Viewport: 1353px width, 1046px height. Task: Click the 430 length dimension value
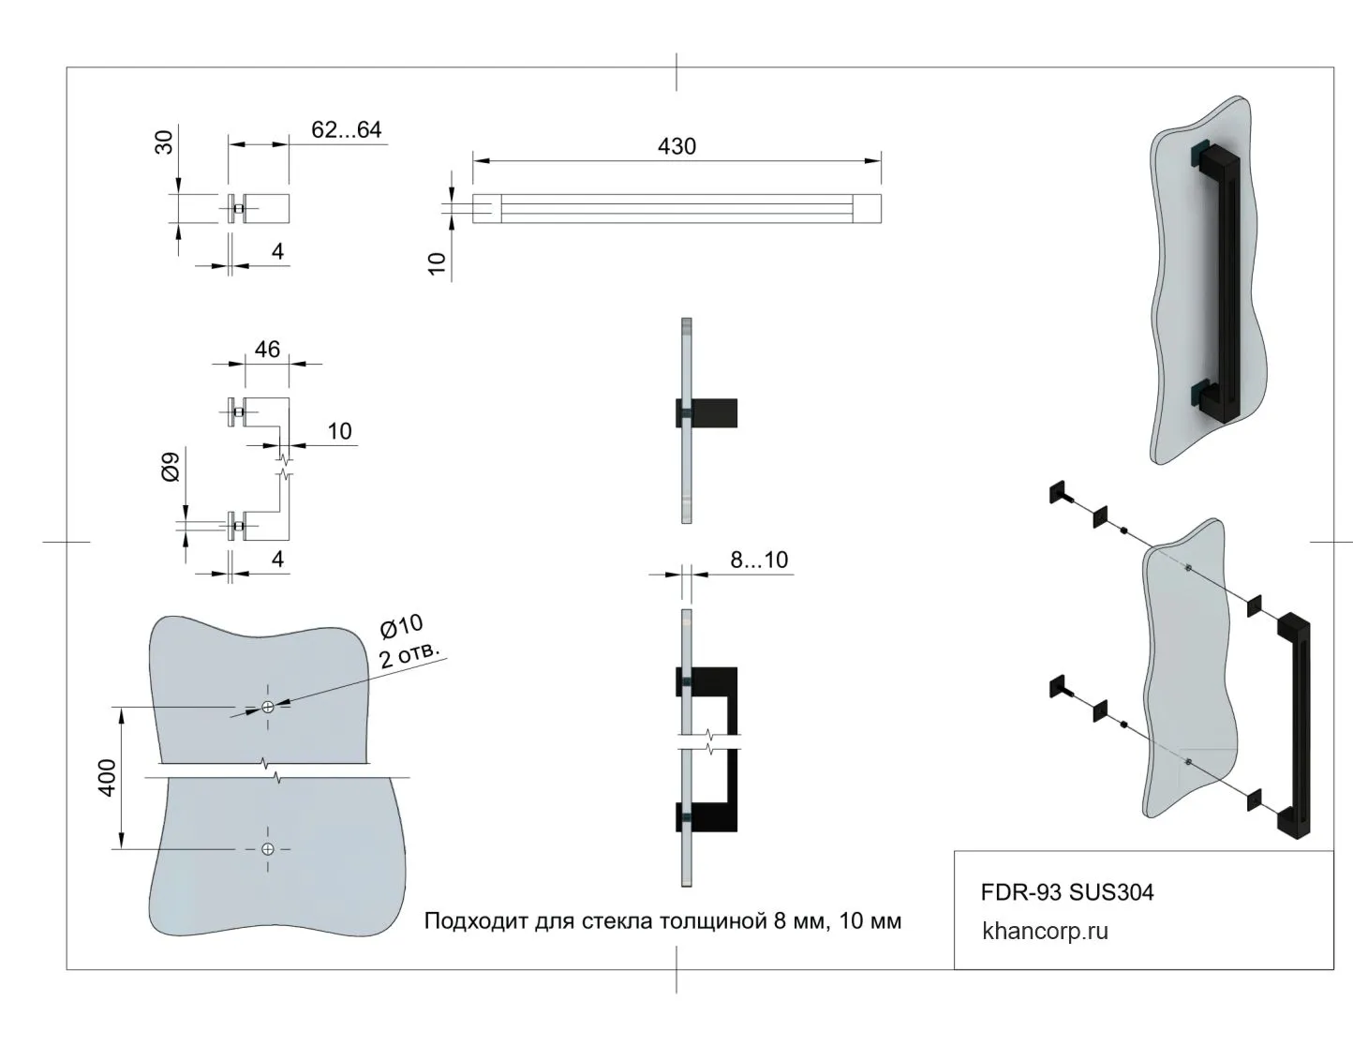click(x=676, y=146)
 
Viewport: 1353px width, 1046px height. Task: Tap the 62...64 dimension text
click(x=347, y=129)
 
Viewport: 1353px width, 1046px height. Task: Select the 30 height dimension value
click(x=164, y=142)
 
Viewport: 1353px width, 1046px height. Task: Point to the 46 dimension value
click(x=267, y=349)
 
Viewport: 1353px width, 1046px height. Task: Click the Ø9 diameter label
click(x=171, y=467)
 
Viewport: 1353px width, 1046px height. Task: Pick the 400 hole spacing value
click(x=108, y=778)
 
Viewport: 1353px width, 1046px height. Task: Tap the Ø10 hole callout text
click(x=401, y=626)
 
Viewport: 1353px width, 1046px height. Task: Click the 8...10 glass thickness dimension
click(x=759, y=560)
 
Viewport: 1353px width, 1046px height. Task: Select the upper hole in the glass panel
click(x=268, y=707)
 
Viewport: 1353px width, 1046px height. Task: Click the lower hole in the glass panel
click(x=268, y=849)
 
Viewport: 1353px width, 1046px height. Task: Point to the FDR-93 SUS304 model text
click(x=1067, y=892)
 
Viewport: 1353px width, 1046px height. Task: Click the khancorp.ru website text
click(x=1045, y=932)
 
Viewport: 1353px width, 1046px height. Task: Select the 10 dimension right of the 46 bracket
click(x=339, y=431)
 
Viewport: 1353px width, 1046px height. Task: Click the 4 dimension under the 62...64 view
click(x=277, y=251)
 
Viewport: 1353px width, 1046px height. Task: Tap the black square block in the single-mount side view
click(x=716, y=413)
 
